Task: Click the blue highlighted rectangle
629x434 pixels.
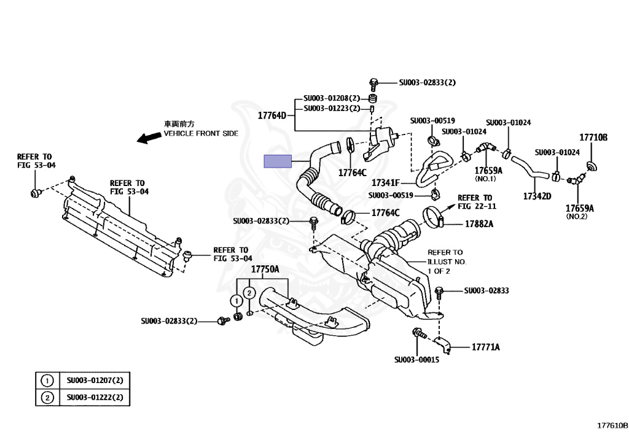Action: coord(278,161)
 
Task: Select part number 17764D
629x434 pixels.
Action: coord(272,115)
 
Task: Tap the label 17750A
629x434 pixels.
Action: coord(265,269)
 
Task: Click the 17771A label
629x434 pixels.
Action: coord(485,347)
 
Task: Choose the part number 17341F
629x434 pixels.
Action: coord(386,183)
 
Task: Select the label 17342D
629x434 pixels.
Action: coord(537,196)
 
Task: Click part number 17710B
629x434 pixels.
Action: coord(593,138)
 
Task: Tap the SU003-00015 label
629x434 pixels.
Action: coord(416,360)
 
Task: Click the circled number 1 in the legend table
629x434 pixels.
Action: coord(47,381)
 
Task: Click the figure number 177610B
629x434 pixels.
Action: coord(612,425)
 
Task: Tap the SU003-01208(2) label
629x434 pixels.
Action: coord(331,98)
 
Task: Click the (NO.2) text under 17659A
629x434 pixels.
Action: coord(576,217)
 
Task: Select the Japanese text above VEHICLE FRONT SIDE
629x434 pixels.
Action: coord(179,123)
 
